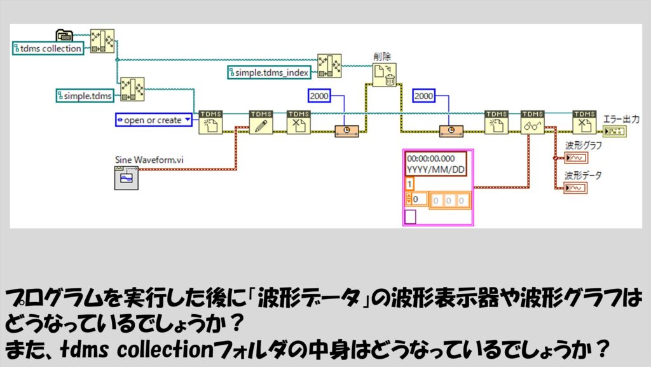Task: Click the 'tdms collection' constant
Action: tap(48, 48)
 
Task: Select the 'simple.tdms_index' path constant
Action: tap(269, 73)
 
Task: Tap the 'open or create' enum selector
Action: tap(153, 120)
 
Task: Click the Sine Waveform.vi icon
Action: tap(127, 177)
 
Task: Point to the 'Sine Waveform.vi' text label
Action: tap(149, 160)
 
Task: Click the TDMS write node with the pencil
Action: tap(261, 122)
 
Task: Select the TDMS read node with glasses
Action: tap(532, 122)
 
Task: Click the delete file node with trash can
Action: tap(385, 74)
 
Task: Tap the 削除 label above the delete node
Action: tap(382, 57)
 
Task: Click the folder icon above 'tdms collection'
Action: tap(64, 35)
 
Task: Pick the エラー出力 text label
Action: tap(621, 119)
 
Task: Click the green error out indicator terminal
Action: tap(615, 132)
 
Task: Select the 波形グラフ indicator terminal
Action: tap(576, 158)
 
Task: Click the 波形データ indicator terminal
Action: tap(576, 188)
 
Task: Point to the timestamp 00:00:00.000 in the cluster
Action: tap(431, 158)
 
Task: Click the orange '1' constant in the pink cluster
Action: tap(409, 184)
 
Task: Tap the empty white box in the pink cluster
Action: tap(410, 217)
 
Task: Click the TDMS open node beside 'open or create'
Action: tap(210, 122)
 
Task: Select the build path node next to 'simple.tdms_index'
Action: tap(330, 66)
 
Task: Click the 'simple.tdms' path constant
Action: tap(85, 96)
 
